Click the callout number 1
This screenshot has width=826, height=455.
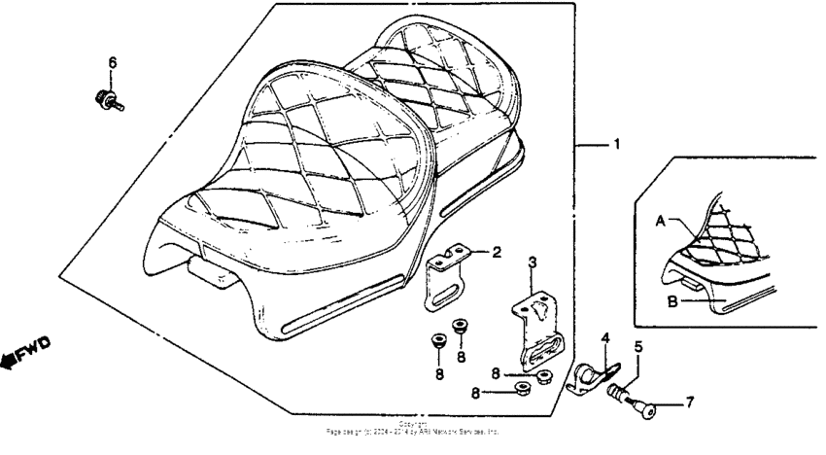615,145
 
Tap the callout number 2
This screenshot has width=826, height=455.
496,253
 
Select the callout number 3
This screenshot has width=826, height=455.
532,262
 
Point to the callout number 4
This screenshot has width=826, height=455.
604,338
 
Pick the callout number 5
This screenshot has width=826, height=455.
638,346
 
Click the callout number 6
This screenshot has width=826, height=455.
112,63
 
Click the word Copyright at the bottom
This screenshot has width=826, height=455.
413,424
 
